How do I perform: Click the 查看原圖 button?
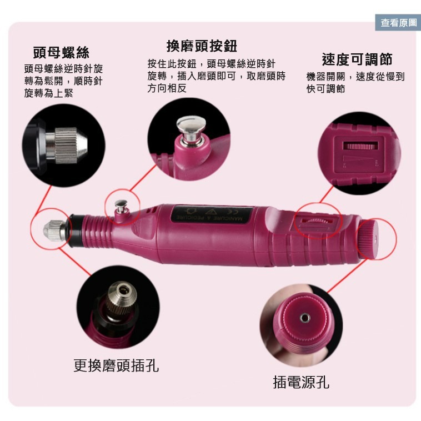(398, 23)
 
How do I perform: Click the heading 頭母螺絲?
(61, 53)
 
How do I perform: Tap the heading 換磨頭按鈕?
(202, 46)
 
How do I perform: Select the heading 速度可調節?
(357, 59)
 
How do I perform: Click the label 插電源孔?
(301, 382)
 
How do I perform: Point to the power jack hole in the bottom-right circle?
(304, 317)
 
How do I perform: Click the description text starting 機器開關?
(355, 82)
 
